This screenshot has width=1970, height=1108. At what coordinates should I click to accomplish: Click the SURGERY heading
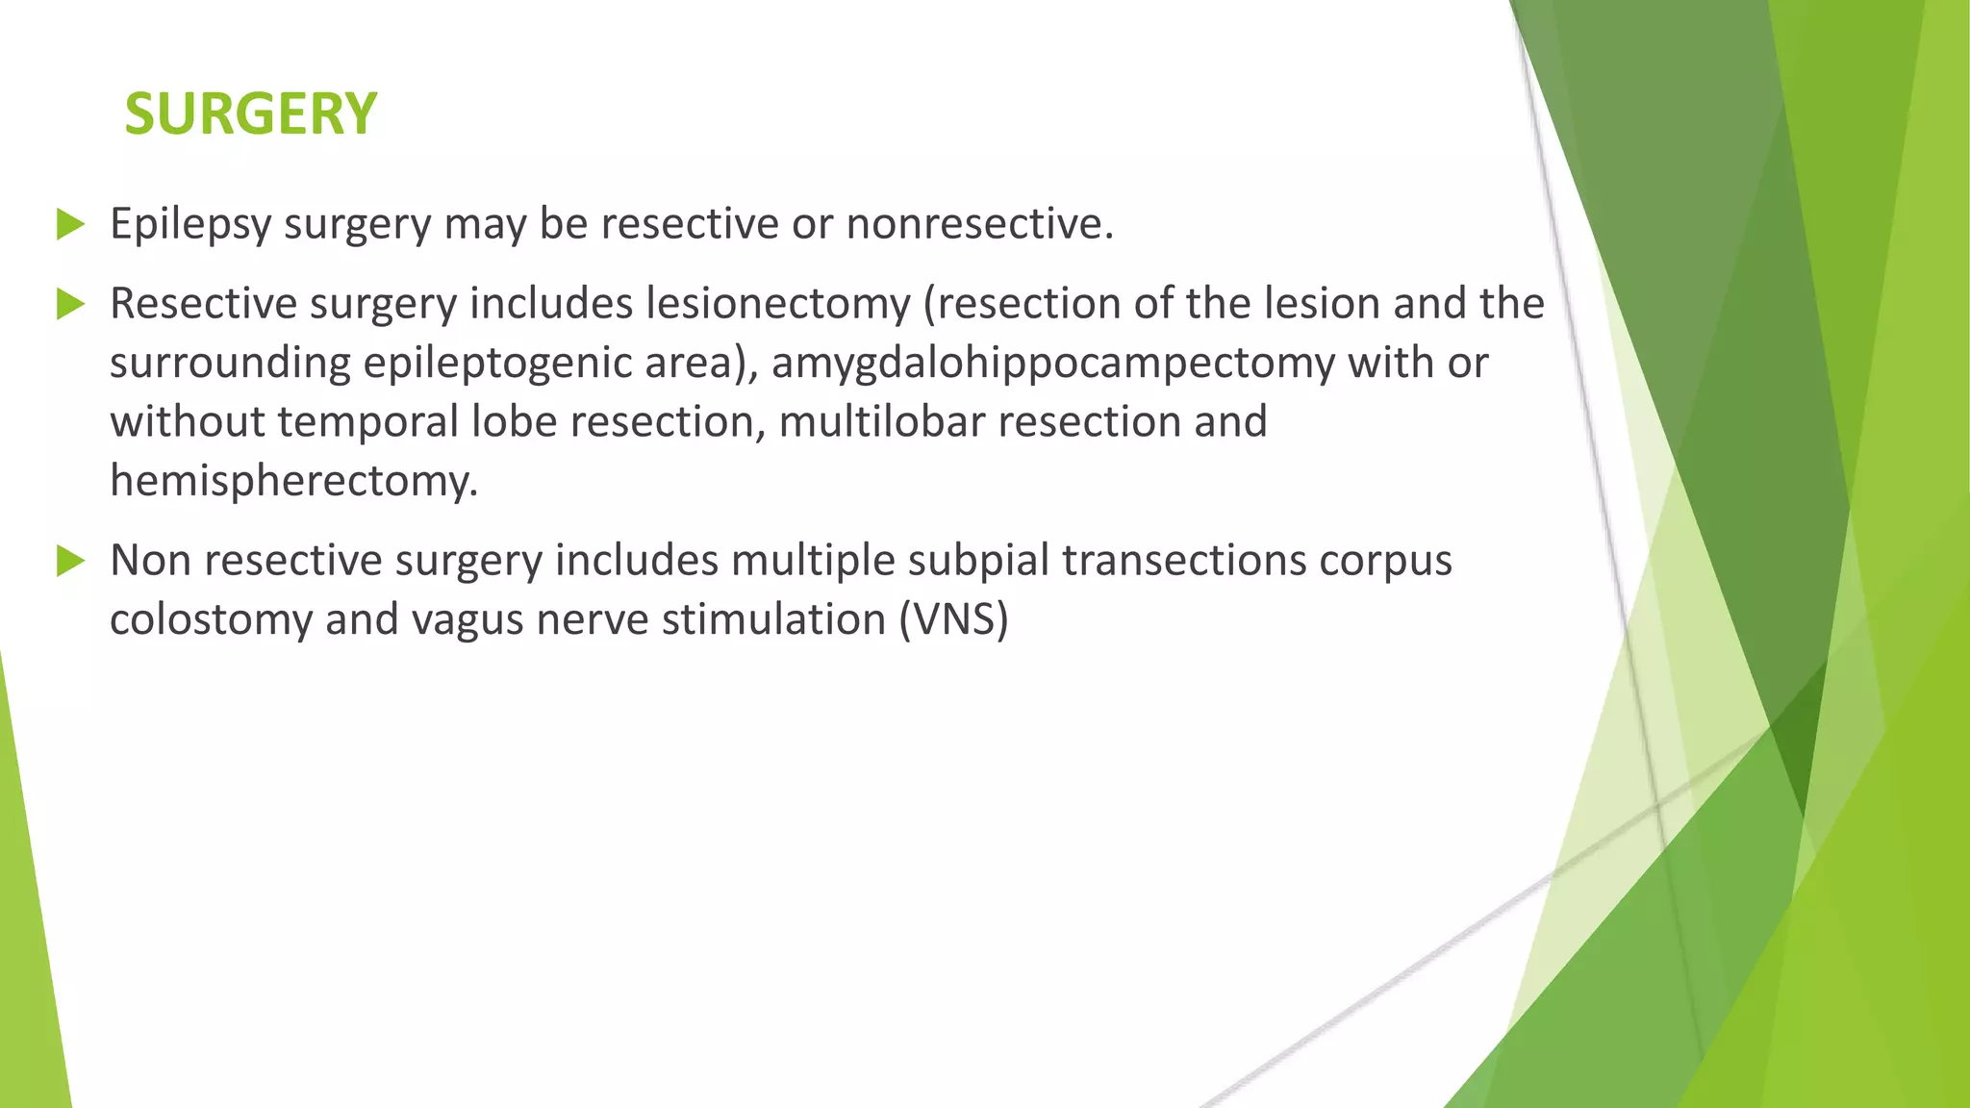[250, 113]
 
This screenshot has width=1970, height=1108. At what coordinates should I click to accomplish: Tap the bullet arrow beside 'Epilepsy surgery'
[70, 224]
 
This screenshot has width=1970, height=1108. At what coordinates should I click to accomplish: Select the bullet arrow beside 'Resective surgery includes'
[70, 304]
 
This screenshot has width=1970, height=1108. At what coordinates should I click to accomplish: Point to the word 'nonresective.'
[979, 224]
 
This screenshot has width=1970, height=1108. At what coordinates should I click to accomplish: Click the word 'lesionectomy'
[777, 304]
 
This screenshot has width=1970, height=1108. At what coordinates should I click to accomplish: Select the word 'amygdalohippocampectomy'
[1052, 363]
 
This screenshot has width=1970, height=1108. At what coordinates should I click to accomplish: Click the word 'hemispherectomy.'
[293, 480]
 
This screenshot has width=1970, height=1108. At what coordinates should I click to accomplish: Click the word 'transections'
[1183, 560]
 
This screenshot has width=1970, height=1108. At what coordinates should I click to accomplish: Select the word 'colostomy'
[210, 618]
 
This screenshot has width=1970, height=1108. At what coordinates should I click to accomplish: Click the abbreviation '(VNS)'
[953, 618]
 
